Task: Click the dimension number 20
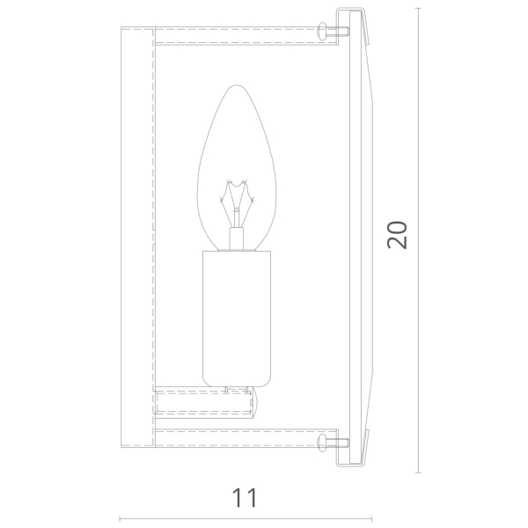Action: click(398, 235)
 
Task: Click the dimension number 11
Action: click(245, 498)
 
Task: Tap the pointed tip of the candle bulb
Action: click(237, 85)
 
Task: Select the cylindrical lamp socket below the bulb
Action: click(237, 319)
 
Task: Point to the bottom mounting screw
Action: click(333, 443)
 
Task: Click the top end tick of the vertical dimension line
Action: click(418, 8)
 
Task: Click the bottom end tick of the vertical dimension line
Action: click(418, 473)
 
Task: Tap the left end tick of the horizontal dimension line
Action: click(121, 519)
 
